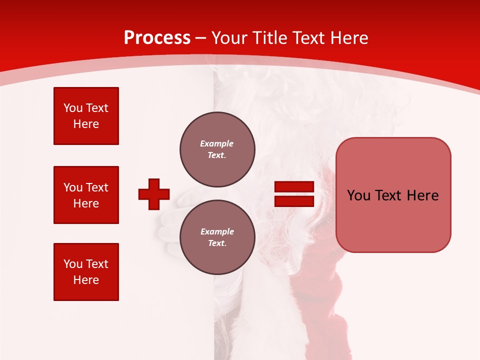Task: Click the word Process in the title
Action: (x=157, y=38)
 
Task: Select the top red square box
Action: (x=86, y=116)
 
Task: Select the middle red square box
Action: (x=86, y=195)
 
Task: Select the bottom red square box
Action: (x=86, y=271)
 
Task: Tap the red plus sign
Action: (x=154, y=194)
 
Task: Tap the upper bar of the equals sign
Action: (x=294, y=186)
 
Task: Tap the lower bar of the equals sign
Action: (x=294, y=201)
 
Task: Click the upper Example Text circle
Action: (x=217, y=149)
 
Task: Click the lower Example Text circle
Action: (x=217, y=237)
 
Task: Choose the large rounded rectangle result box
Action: (x=393, y=195)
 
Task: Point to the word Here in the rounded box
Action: (x=422, y=195)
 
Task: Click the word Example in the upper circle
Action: (x=217, y=143)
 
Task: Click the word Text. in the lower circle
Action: (x=217, y=243)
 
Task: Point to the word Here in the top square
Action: (x=86, y=124)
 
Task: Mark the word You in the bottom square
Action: (x=72, y=264)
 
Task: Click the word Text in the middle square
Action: (x=97, y=187)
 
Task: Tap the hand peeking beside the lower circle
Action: (x=170, y=220)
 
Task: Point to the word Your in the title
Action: (x=230, y=38)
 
